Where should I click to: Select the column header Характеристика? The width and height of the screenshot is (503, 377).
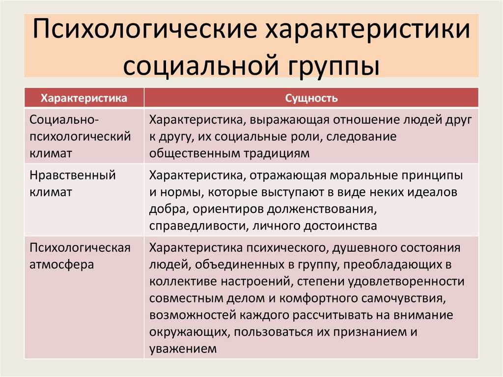pyautogui.click(x=84, y=98)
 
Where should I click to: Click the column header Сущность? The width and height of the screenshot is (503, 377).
pyautogui.click(x=311, y=98)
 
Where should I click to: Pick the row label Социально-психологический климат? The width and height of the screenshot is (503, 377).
pyautogui.click(x=80, y=136)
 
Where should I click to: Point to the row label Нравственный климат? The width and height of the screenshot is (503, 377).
pyautogui.click(x=73, y=183)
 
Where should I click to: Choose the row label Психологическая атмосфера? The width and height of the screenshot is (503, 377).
pyautogui.click(x=80, y=256)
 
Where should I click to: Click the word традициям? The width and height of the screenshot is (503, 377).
pyautogui.click(x=277, y=153)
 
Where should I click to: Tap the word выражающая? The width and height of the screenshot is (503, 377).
pyautogui.click(x=289, y=120)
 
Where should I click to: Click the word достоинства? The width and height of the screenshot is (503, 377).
pyautogui.click(x=340, y=226)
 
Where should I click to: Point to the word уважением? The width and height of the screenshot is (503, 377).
pyautogui.click(x=183, y=348)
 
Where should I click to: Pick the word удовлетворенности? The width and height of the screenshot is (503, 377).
pyautogui.click(x=406, y=282)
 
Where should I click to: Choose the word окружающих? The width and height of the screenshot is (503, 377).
pyautogui.click(x=190, y=332)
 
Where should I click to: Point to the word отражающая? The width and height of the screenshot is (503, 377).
pyautogui.click(x=287, y=175)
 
